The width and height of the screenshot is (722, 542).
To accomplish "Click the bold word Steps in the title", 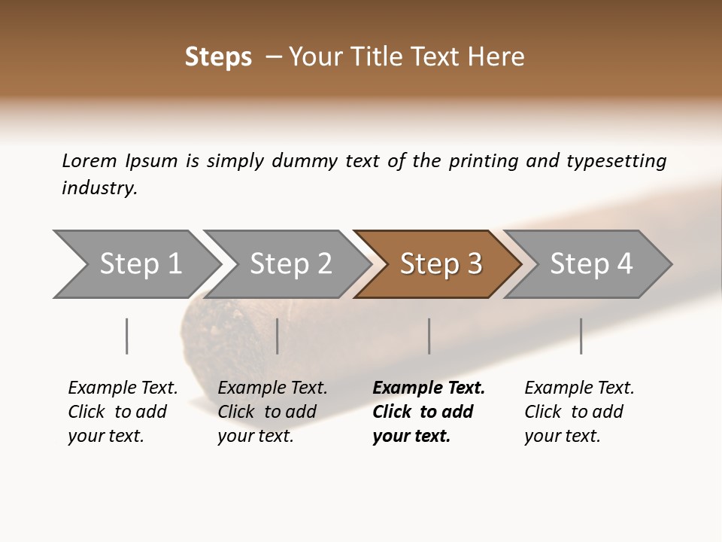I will click(x=218, y=57).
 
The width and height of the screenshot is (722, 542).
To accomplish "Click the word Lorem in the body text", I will click(x=89, y=161).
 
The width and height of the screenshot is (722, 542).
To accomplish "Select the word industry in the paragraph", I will click(x=99, y=188).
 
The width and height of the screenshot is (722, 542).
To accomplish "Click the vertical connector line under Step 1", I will click(x=126, y=336).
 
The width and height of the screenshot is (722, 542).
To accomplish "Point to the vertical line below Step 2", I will click(x=278, y=336).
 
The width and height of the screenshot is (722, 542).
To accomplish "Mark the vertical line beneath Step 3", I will click(x=429, y=336).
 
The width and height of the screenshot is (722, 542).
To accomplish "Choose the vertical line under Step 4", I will click(x=581, y=336).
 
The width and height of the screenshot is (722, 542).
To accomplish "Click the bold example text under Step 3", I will click(x=427, y=412).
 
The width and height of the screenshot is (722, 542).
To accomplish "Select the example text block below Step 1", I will click(x=122, y=412).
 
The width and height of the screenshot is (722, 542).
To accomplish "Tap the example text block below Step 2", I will click(x=272, y=412).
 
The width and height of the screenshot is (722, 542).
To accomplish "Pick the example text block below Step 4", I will click(x=578, y=412).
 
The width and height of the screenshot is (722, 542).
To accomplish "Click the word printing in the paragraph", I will click(x=484, y=161).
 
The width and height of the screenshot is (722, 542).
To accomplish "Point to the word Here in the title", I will click(x=499, y=57).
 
